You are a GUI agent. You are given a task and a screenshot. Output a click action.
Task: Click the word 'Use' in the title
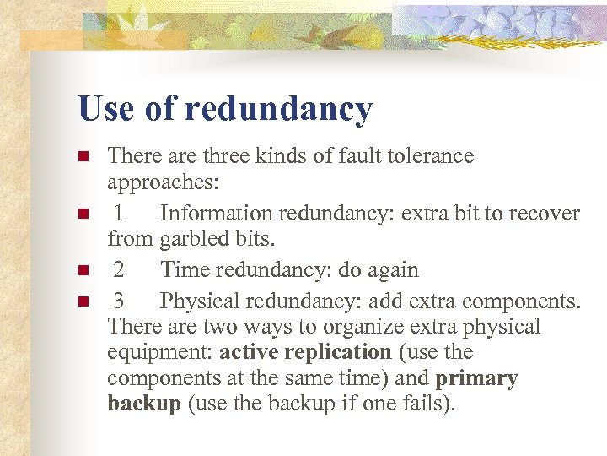point(106,109)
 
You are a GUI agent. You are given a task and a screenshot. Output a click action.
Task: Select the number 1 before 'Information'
point(120,214)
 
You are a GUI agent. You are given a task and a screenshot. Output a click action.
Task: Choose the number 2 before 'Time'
point(120,270)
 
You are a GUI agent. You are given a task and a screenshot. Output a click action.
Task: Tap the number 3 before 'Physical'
point(120,301)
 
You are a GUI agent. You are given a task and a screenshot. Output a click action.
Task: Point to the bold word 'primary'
point(477,379)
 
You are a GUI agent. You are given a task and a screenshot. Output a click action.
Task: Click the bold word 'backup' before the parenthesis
point(144,404)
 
